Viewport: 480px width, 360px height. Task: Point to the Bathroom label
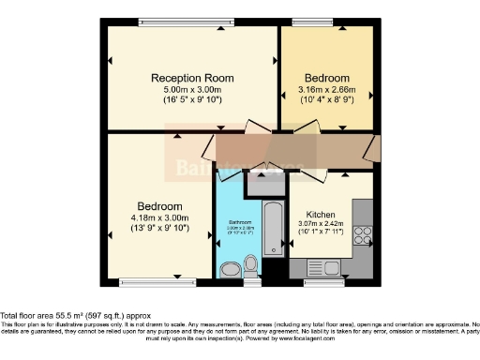[x=241, y=222]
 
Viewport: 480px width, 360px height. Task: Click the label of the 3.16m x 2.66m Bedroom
[x=327, y=78]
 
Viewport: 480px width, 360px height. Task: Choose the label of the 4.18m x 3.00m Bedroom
[x=159, y=205]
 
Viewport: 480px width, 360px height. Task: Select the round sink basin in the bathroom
[x=230, y=270]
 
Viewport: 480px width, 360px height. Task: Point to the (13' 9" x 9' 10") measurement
[x=159, y=227]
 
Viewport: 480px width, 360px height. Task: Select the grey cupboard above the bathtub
[x=262, y=185]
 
